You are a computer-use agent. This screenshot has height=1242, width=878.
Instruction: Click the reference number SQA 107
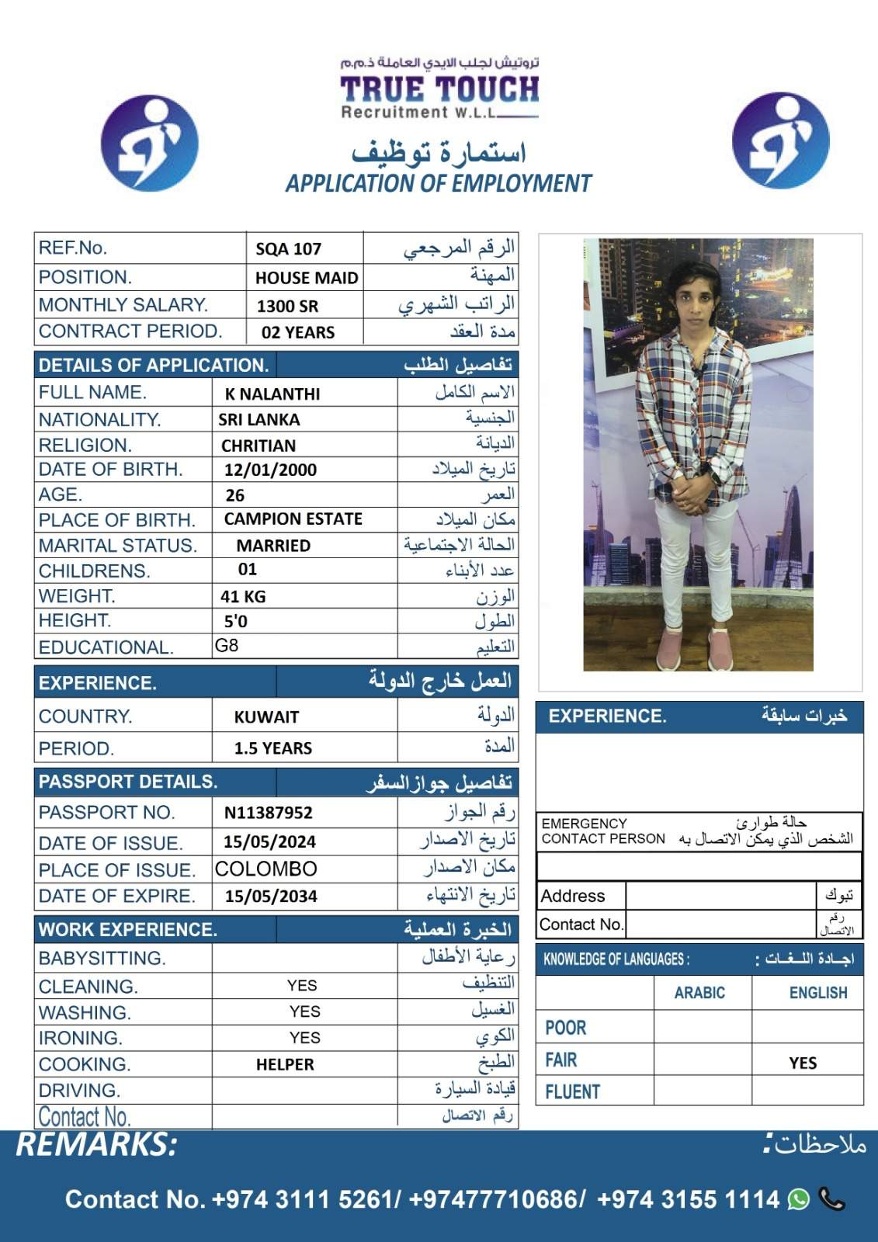[288, 249]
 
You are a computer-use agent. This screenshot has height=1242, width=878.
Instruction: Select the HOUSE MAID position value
[307, 278]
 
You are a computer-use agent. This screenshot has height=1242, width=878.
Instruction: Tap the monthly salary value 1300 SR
[287, 306]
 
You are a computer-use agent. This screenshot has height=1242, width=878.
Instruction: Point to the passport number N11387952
[269, 813]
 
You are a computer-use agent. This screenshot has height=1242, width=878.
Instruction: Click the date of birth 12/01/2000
[270, 470]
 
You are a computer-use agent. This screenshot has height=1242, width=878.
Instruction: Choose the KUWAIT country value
[266, 717]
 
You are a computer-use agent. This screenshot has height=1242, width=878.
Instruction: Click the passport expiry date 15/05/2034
[271, 897]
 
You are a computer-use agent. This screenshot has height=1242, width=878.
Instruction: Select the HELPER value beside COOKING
[285, 1065]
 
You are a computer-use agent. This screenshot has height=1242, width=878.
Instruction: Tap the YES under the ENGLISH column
[803, 1063]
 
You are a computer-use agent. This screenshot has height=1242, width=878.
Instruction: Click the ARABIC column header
[699, 993]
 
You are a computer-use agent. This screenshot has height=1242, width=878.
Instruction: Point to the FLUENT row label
[573, 1092]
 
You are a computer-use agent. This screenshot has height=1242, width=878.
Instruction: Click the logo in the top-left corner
[150, 144]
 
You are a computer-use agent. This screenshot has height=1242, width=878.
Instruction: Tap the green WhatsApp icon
[799, 1199]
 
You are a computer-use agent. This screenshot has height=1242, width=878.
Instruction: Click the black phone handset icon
[832, 1199]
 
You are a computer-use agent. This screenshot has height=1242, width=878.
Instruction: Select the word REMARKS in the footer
[97, 1145]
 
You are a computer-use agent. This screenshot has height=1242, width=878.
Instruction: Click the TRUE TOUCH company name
[439, 88]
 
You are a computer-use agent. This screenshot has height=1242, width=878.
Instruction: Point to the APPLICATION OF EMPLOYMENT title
[439, 184]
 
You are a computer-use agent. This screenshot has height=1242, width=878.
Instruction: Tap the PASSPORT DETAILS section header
[128, 782]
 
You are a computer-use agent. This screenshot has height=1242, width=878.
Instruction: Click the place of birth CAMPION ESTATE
[293, 519]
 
